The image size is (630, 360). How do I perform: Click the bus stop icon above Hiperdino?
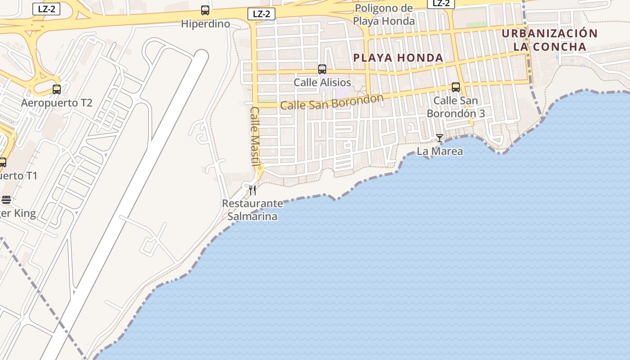[x=205, y=10]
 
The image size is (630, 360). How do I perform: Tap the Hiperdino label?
[x=205, y=24]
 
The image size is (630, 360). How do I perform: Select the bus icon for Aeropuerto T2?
[x=57, y=89]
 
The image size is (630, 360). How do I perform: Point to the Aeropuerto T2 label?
[x=57, y=103]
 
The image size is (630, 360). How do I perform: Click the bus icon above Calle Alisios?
[x=322, y=69]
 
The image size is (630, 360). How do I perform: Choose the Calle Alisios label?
[x=322, y=83]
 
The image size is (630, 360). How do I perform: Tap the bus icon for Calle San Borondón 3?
[x=456, y=87]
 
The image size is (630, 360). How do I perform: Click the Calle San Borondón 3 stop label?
[x=456, y=107]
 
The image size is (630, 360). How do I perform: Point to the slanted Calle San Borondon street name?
[x=332, y=102]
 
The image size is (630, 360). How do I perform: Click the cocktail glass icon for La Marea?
[x=440, y=138]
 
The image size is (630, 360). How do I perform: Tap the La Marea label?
[x=440, y=151]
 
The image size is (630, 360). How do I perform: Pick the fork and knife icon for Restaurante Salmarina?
[x=252, y=190]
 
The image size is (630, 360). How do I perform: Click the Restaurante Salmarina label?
[x=252, y=210]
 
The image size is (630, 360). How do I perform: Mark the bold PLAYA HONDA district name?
[x=398, y=58]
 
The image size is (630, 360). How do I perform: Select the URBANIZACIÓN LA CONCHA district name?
[x=550, y=40]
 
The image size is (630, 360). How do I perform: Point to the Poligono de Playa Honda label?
[x=383, y=15]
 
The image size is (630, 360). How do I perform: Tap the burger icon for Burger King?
[x=6, y=199]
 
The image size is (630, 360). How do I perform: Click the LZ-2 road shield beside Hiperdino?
[x=261, y=13]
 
